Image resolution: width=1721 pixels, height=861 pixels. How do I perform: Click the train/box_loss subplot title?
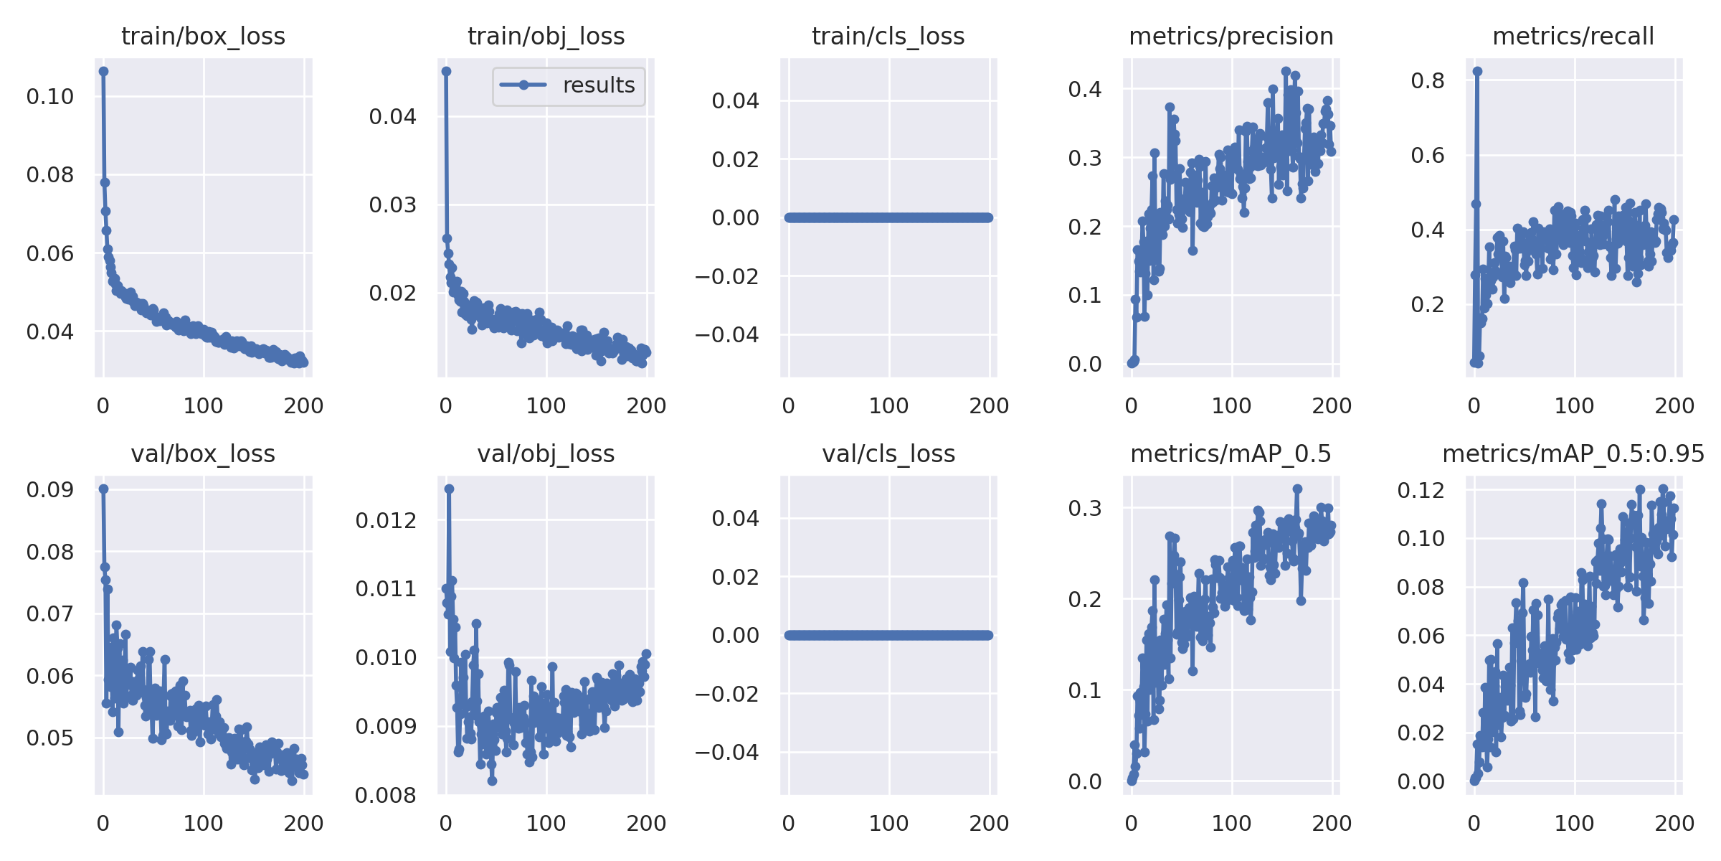(x=203, y=36)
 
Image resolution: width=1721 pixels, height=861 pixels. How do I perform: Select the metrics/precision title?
(x=1231, y=36)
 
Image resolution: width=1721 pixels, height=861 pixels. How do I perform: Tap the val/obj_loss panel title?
(x=546, y=453)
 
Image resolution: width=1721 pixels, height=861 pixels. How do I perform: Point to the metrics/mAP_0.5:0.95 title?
(x=1573, y=453)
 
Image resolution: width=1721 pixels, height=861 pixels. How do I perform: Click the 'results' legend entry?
(x=598, y=85)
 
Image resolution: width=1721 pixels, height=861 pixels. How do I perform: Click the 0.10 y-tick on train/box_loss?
(x=50, y=97)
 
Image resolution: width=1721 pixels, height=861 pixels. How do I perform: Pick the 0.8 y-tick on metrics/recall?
(x=1428, y=80)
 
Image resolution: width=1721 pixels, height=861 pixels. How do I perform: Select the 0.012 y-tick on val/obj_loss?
(x=386, y=520)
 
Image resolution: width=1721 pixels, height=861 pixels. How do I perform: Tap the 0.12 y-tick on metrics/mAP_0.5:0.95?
(x=1421, y=490)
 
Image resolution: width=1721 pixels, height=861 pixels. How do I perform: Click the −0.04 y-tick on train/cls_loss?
(x=726, y=334)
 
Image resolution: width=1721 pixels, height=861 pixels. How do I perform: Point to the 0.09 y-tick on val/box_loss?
(x=50, y=489)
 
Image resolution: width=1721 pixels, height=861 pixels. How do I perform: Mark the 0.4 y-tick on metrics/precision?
(x=1085, y=89)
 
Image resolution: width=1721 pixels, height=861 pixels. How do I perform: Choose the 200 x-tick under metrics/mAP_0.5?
(x=1332, y=823)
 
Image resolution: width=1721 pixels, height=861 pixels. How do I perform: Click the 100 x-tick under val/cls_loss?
(x=888, y=823)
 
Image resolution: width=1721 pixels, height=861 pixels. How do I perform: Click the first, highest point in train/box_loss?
(x=104, y=71)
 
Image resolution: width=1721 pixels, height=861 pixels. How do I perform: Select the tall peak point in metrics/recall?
(x=1477, y=71)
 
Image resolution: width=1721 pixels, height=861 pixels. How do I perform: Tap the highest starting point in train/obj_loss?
(x=446, y=71)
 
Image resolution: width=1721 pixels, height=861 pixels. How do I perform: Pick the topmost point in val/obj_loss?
(x=449, y=489)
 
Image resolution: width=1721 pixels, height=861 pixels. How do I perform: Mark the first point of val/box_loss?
(x=104, y=489)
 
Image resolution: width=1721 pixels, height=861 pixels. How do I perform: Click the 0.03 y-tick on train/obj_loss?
(x=392, y=205)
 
